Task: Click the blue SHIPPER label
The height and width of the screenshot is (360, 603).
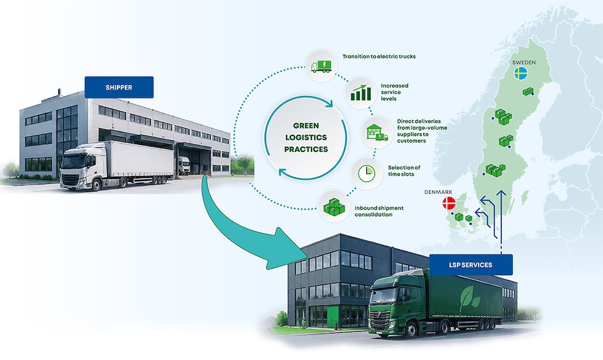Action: pos(119,87)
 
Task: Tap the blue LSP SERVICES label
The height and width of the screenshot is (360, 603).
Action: pos(471,265)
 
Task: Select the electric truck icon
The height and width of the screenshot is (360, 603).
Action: pos(321,66)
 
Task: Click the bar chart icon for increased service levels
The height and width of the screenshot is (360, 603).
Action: pos(361,93)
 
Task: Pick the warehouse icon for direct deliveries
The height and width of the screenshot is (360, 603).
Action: pos(377,133)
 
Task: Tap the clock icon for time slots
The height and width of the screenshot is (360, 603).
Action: pos(366,173)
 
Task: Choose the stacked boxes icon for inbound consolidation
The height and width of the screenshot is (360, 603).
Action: pos(334,207)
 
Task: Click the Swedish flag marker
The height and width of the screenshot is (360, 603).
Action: pos(521,73)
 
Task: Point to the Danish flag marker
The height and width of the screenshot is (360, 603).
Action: pos(449,203)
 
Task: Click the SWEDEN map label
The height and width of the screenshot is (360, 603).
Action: pos(524,62)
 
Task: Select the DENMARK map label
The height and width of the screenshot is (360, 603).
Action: pos(438,192)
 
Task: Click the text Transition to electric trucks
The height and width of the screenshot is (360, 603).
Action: pos(379,56)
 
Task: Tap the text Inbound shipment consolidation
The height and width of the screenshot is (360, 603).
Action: pos(379,211)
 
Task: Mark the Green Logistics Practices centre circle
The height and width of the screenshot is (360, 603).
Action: pos(306,137)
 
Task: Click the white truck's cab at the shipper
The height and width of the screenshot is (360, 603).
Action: pos(79,166)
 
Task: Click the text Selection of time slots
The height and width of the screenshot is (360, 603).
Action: pos(404,171)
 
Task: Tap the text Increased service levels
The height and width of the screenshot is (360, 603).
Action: pos(395,93)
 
